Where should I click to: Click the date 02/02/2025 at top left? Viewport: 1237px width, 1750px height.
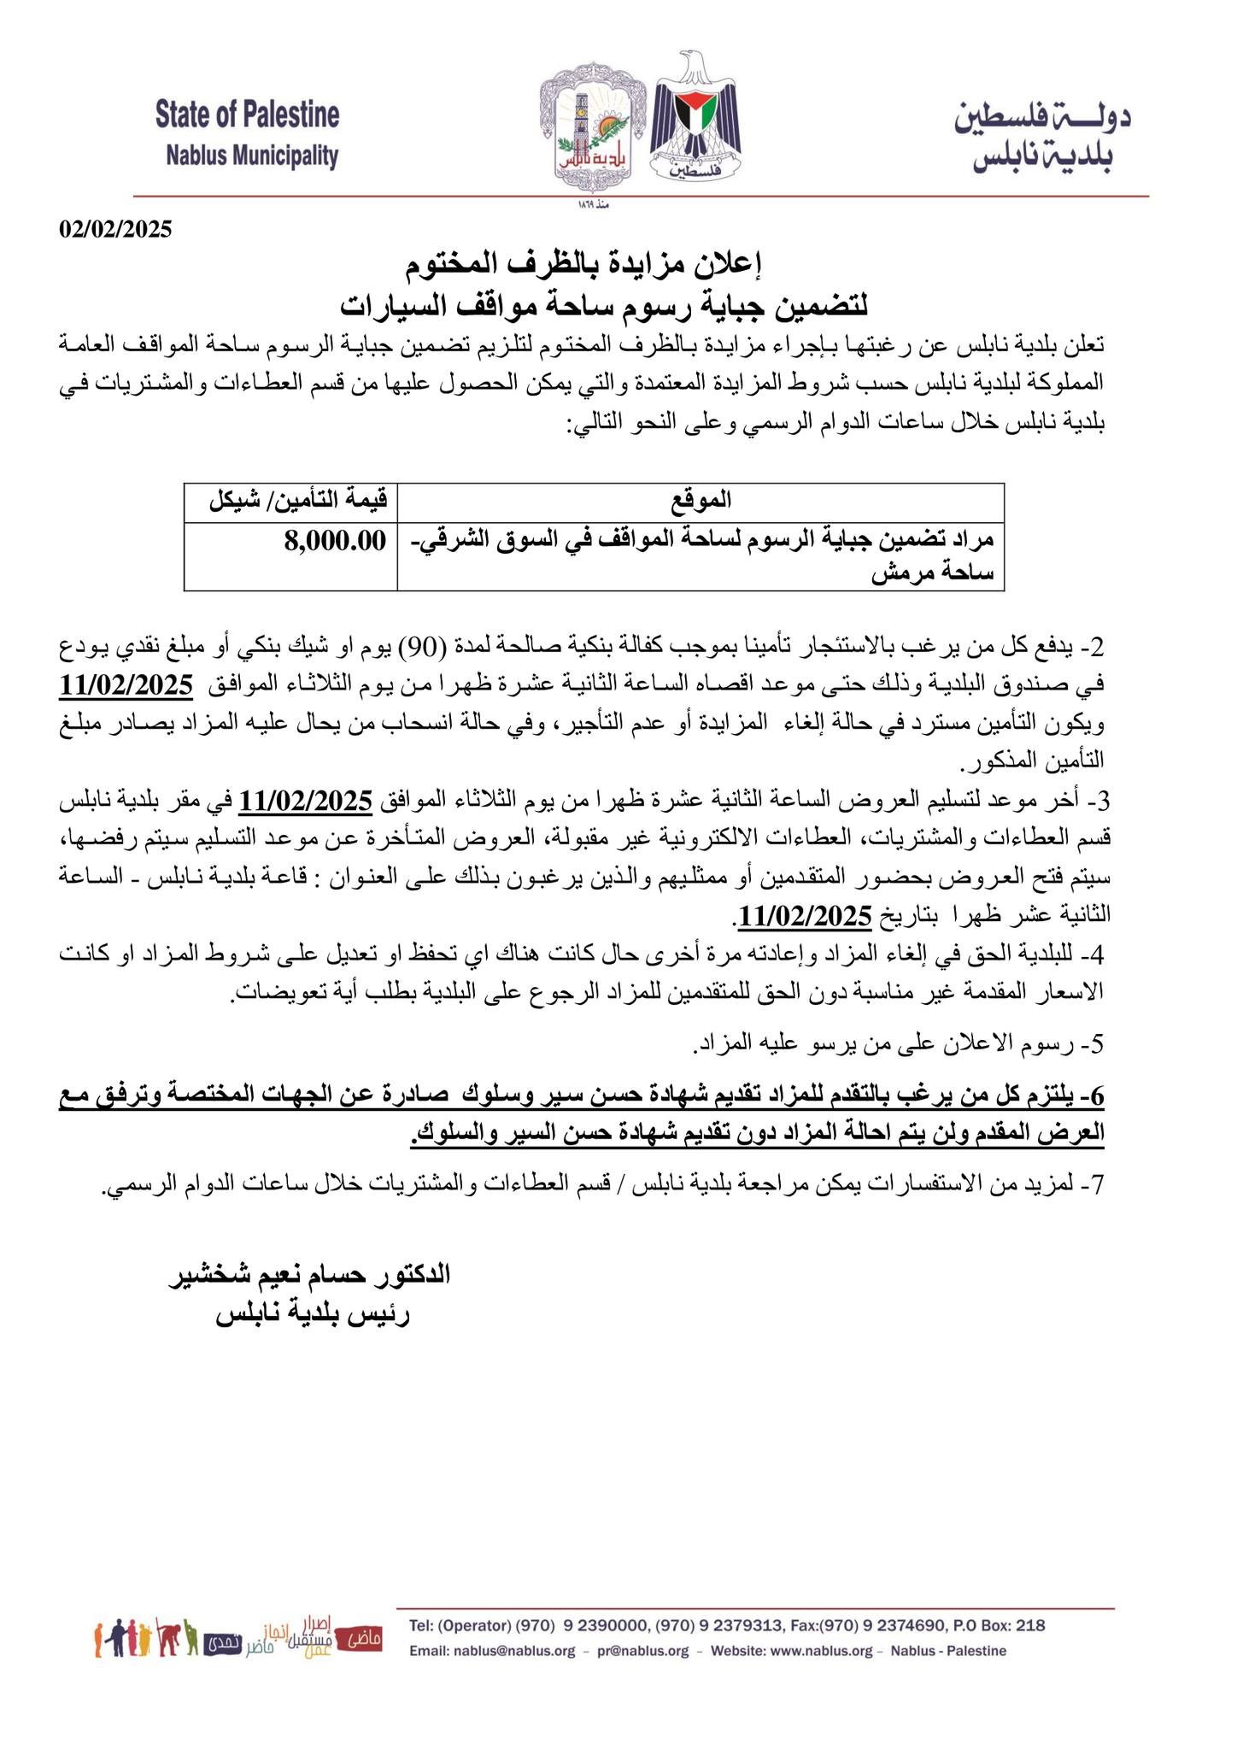115,229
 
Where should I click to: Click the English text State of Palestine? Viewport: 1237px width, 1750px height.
247,115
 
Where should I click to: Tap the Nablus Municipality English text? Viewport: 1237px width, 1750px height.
252,156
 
